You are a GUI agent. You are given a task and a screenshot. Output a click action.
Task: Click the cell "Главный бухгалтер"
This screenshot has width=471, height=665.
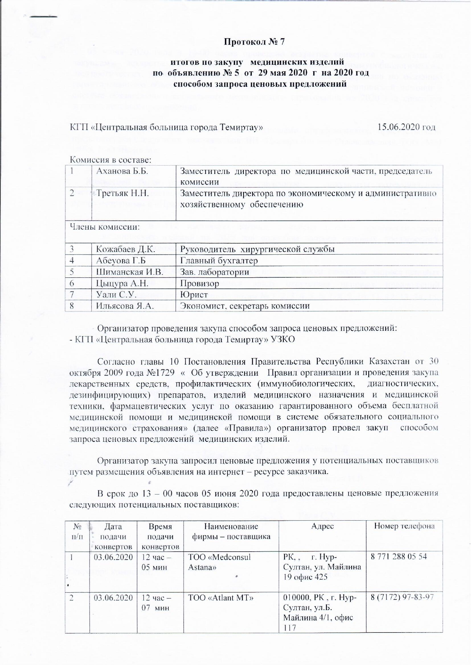218,261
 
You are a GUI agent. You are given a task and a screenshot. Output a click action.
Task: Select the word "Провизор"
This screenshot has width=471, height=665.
199,283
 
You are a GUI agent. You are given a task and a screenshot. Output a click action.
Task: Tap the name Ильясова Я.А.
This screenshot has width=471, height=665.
125,305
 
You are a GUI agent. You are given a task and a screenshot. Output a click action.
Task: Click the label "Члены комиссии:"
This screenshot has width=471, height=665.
104,227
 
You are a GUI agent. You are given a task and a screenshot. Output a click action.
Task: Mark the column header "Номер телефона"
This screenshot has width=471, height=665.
404,526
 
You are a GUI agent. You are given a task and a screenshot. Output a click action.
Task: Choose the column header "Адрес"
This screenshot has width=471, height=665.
322,526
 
